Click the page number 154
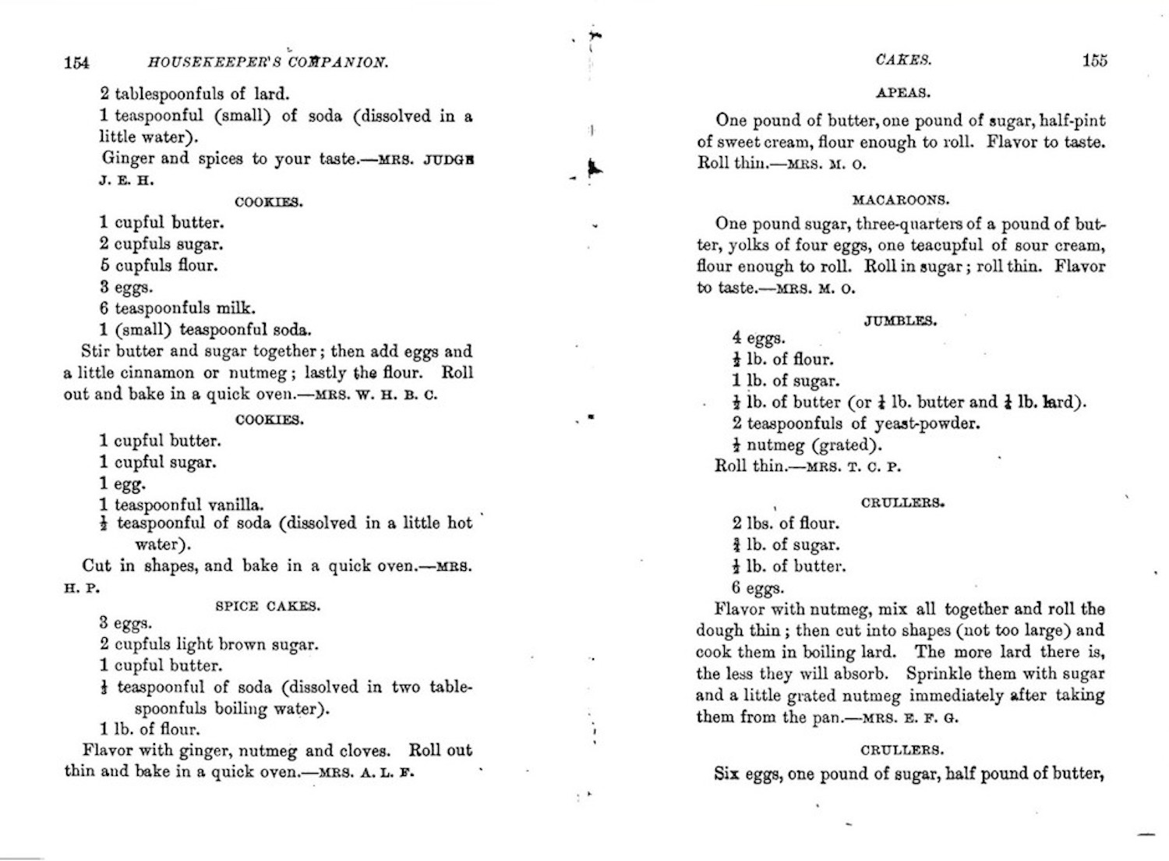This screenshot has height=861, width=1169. coord(76,62)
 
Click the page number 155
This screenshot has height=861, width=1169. coord(1094,60)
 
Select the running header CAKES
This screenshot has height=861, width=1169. coord(903,60)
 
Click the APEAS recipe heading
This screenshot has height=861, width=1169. coord(902,93)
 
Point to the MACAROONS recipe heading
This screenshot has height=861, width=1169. coord(901,200)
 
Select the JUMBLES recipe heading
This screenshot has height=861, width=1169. coord(900,321)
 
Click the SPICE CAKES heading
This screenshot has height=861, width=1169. coord(267,606)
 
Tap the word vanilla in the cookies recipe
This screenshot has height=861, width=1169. coord(233,505)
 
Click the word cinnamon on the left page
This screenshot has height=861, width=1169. coord(161,373)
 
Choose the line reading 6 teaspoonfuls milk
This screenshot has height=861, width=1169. coord(177,308)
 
